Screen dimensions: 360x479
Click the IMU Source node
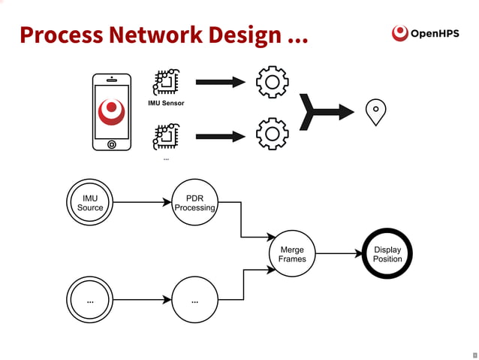(x=90, y=202)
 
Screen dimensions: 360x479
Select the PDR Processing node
(x=194, y=202)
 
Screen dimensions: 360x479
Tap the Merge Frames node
(x=292, y=253)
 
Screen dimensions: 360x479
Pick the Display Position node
(x=387, y=254)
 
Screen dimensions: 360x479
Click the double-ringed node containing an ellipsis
(x=90, y=301)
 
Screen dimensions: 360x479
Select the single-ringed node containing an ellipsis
(x=194, y=301)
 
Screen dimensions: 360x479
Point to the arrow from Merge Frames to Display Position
(x=339, y=254)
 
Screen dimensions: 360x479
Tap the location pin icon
(x=375, y=112)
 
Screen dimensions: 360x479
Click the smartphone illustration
(x=112, y=112)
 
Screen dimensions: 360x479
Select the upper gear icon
(x=272, y=82)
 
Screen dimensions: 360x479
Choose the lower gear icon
(x=272, y=135)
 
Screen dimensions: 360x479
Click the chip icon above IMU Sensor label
(x=166, y=82)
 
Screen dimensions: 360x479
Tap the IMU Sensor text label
(x=166, y=103)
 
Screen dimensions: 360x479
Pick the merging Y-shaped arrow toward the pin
(x=324, y=112)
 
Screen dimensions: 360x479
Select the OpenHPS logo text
(x=435, y=33)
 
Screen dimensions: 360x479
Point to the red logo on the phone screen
(x=112, y=110)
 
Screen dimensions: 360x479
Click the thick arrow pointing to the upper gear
(x=221, y=82)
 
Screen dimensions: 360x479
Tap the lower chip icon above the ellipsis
(x=166, y=136)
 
